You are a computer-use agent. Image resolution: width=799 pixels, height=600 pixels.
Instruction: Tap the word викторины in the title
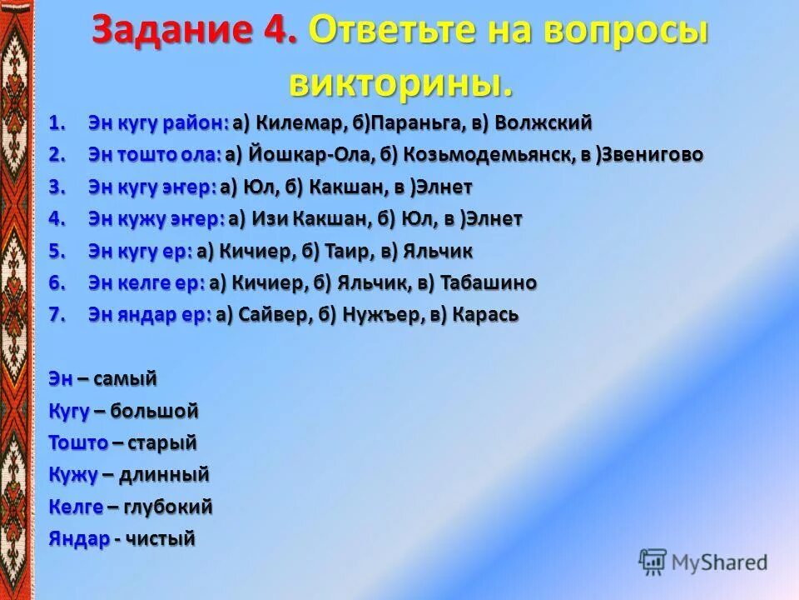pyautogui.click(x=399, y=82)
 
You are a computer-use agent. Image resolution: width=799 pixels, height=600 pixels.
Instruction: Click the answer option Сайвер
pyautogui.click(x=278, y=315)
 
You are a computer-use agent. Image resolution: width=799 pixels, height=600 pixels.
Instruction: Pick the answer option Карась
pyautogui.click(x=486, y=315)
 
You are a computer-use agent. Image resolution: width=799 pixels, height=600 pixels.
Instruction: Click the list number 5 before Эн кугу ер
pyautogui.click(x=56, y=251)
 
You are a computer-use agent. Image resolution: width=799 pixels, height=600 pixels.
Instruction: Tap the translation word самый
pyautogui.click(x=125, y=379)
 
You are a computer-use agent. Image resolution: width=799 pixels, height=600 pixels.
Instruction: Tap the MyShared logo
pyautogui.click(x=704, y=562)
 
